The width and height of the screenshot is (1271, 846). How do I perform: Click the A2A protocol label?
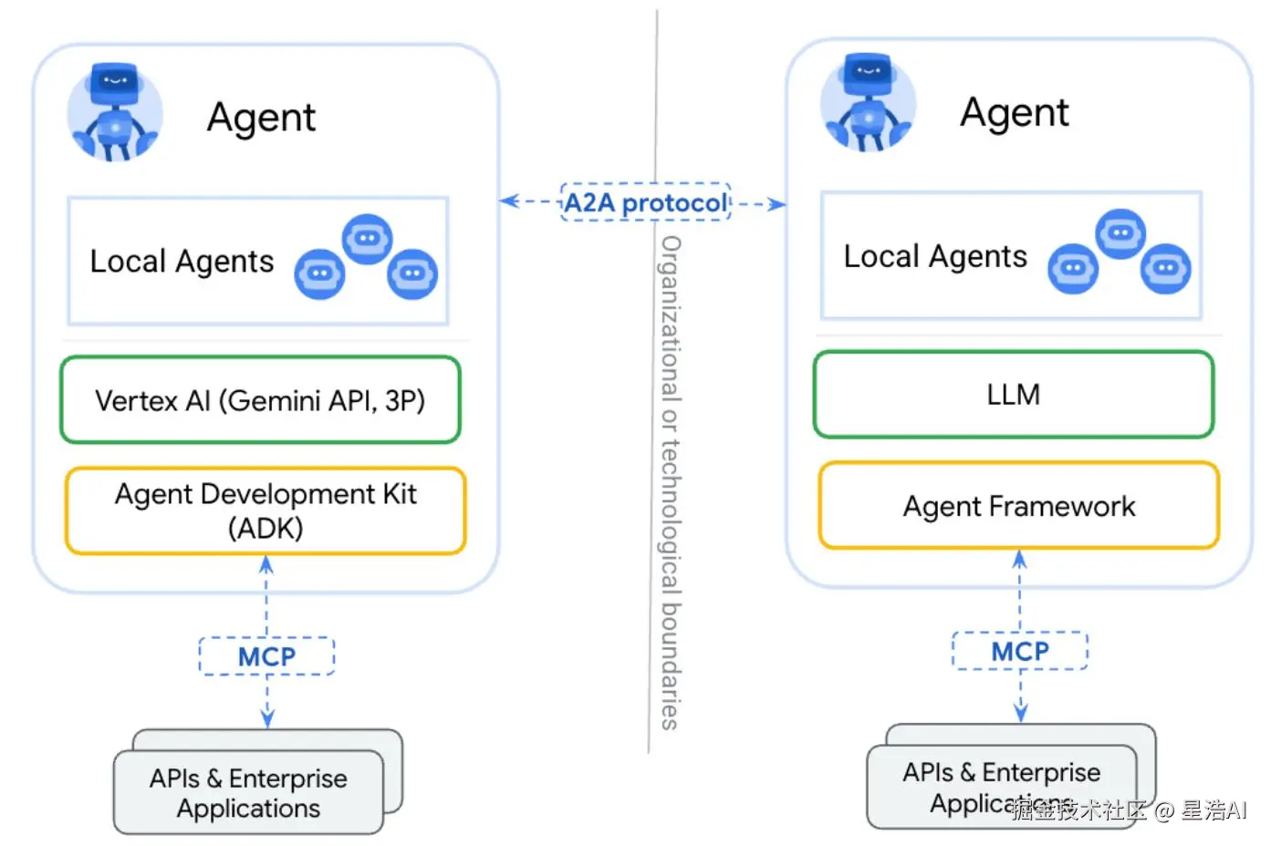(646, 202)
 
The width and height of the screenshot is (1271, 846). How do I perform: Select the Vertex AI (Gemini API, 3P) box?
(260, 400)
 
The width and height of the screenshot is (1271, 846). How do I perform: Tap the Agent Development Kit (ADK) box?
(266, 511)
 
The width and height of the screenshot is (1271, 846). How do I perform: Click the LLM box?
(1013, 395)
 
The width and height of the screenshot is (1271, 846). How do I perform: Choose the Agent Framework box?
(1018, 506)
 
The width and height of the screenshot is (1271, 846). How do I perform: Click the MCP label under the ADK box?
(266, 656)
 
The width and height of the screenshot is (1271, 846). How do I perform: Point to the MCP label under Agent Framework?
(1020, 651)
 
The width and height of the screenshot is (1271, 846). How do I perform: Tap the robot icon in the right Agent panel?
(868, 103)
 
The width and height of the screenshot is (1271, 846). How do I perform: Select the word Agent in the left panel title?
(261, 118)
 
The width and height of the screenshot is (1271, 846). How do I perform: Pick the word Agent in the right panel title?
(1014, 113)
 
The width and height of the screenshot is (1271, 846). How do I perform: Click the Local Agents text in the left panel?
(182, 262)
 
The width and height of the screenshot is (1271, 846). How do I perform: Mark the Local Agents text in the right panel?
(934, 257)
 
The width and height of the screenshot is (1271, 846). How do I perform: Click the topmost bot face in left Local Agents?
(367, 239)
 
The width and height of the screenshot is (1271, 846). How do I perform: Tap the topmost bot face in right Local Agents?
(1120, 233)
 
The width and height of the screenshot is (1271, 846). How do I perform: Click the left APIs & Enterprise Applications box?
(248, 792)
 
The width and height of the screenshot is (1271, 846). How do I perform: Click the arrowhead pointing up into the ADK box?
(266, 565)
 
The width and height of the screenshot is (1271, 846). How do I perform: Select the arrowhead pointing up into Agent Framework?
(1020, 560)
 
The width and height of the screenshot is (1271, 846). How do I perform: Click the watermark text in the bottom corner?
(1130, 810)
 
